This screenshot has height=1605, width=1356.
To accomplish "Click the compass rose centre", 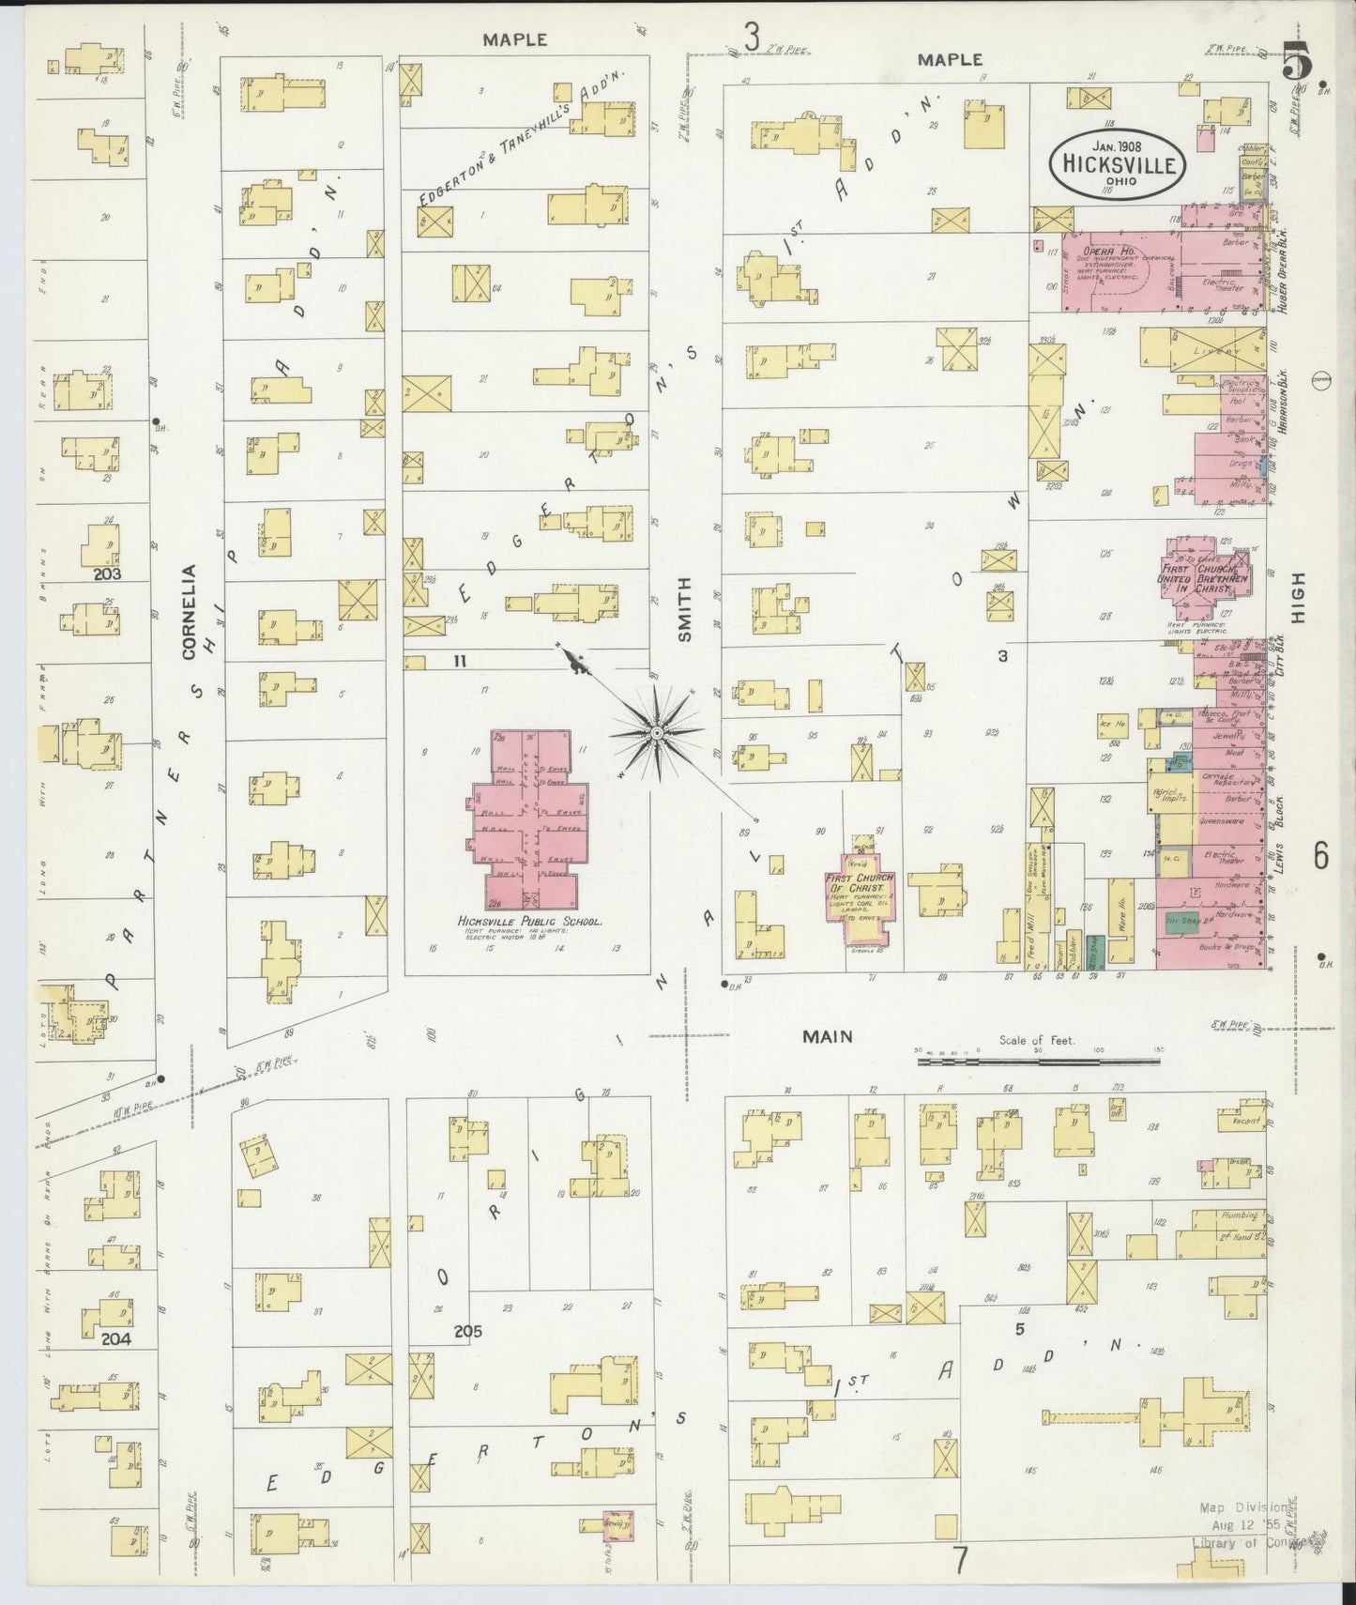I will (658, 731).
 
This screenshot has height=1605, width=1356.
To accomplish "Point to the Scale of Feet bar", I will (1038, 1062).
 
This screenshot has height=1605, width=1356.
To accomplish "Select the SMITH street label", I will (684, 609).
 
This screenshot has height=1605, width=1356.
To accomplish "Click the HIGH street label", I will (1298, 598).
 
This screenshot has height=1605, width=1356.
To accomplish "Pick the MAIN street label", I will (827, 1036).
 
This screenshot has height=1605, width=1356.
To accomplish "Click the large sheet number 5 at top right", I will (1297, 63).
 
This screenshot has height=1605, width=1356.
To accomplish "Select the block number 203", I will (109, 573).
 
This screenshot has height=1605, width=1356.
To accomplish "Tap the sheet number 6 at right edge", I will (1320, 856).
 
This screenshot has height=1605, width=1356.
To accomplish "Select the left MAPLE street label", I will (514, 39).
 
